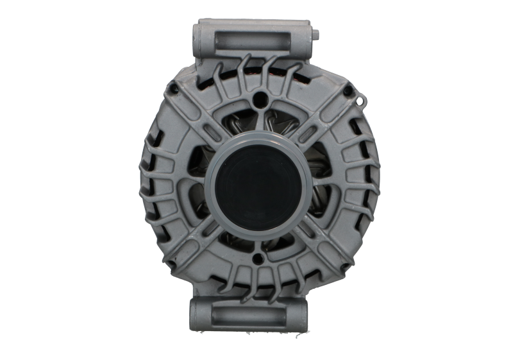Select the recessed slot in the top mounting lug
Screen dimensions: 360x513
[x=256, y=35]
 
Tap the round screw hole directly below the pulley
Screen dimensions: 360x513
[x=258, y=259]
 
